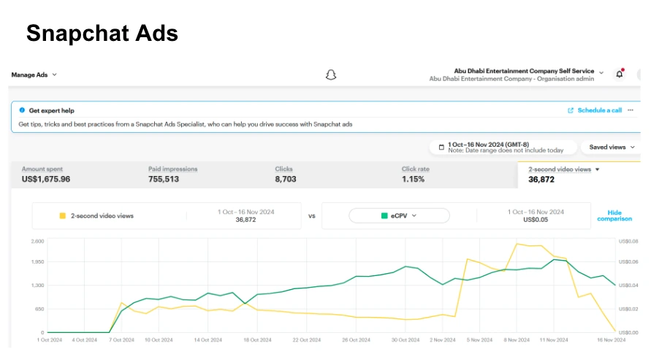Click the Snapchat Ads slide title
point(102,33)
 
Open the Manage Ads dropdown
point(34,74)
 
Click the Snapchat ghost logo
point(331,74)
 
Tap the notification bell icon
point(620,74)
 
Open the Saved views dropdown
point(612,147)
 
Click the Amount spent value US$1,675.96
point(46,179)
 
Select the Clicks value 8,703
point(287,179)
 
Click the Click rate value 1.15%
point(413,179)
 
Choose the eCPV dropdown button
point(399,215)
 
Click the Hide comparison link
point(614,215)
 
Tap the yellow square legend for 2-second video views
point(62,216)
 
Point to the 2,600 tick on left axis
point(38,240)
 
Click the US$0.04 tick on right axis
point(628,286)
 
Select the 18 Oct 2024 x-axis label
point(256,340)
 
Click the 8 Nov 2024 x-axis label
point(517,340)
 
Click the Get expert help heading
point(51,111)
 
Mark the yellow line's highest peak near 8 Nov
point(517,244)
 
